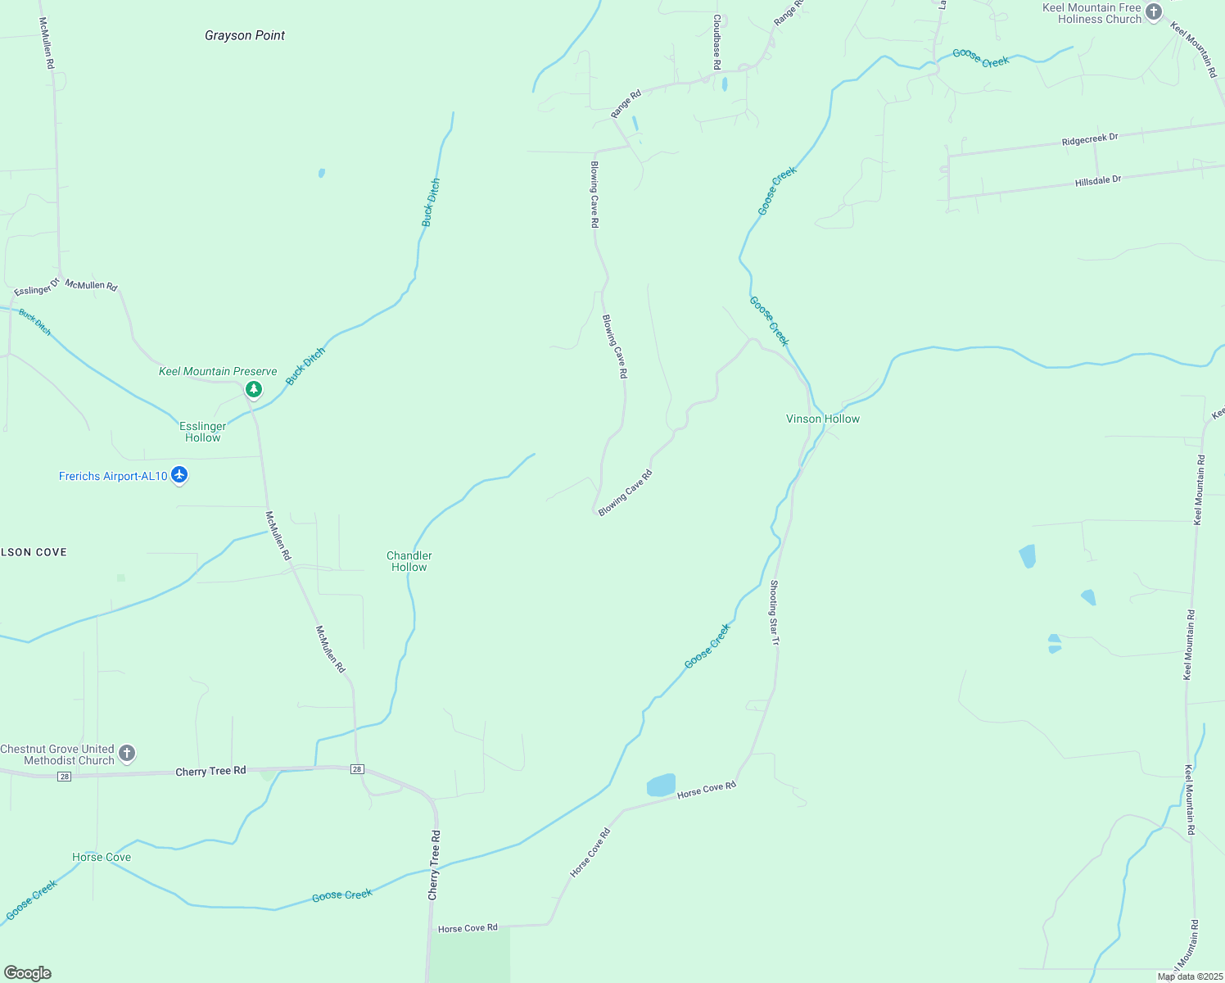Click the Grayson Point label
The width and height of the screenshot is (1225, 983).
[245, 35]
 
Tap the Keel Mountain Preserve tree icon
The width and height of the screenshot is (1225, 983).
[254, 389]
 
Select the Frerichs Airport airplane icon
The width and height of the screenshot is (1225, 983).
[180, 475]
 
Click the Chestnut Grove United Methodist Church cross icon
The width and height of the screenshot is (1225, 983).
[127, 753]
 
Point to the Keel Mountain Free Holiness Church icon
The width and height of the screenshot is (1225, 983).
[1154, 11]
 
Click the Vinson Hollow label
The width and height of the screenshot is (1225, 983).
[823, 419]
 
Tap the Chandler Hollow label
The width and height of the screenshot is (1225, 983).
[409, 561]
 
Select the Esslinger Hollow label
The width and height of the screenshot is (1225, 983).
[203, 432]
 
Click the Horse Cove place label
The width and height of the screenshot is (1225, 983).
[102, 857]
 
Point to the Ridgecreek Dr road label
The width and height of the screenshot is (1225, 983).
[1090, 140]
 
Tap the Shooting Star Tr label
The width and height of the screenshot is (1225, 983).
[774, 612]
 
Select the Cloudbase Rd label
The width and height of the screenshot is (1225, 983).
[716, 41]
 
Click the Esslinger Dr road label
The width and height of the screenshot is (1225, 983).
[37, 288]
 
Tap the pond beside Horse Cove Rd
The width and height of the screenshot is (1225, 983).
[662, 786]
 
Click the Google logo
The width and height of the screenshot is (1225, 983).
[27, 973]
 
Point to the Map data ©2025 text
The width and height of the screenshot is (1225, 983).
[1189, 976]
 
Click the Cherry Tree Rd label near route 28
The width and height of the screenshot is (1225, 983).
[210, 771]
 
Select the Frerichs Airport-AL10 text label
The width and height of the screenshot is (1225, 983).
[113, 476]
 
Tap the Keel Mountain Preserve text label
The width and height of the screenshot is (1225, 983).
[218, 371]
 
